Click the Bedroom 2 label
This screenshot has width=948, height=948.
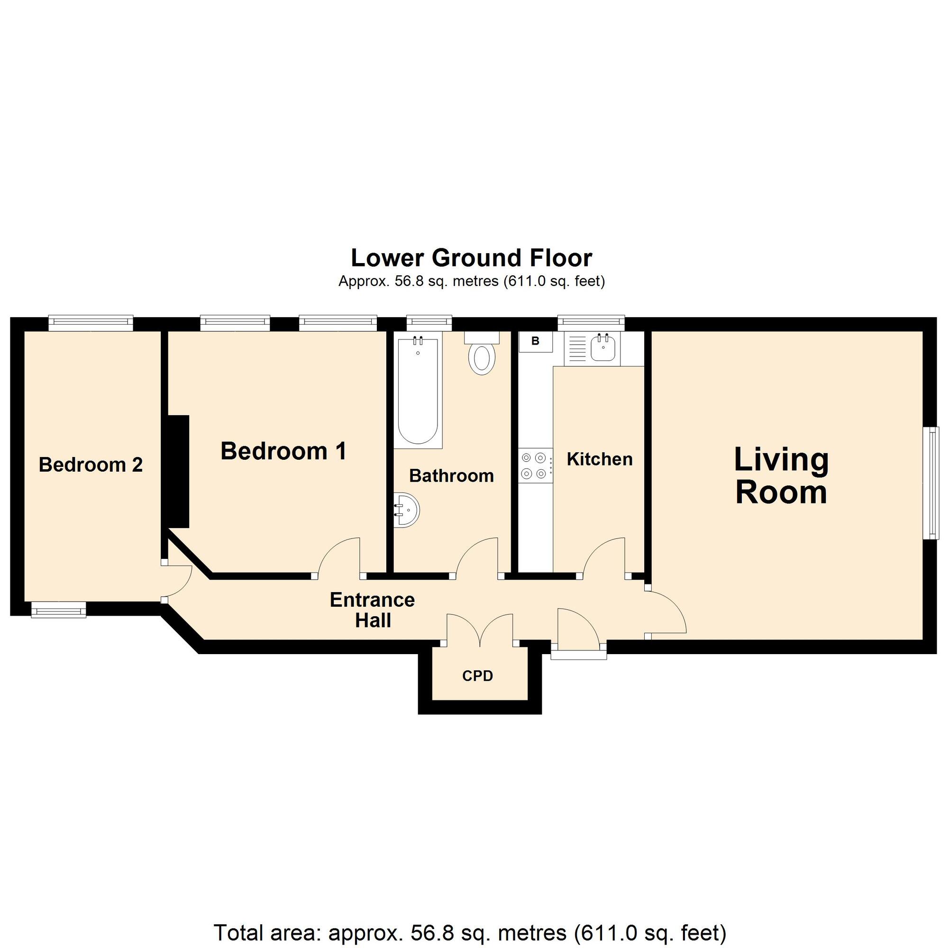[91, 465]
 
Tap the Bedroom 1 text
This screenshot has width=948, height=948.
[283, 451]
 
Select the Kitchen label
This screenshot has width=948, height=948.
[600, 459]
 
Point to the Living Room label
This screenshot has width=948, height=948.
[781, 475]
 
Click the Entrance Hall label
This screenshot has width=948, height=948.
[373, 610]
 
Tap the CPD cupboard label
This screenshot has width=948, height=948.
[477, 676]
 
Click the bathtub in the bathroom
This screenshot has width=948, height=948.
[418, 390]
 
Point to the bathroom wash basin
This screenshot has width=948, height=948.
[407, 510]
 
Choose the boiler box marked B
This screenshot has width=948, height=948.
[535, 341]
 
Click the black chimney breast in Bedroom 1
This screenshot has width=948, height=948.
[179, 472]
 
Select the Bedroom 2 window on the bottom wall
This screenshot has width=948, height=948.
[58, 610]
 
